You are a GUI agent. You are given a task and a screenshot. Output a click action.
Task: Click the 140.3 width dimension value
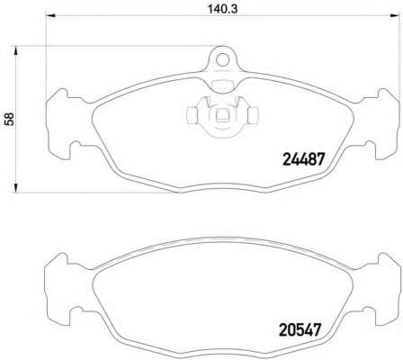tap(222, 9)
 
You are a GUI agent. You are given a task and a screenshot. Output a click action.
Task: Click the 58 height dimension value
tap(9, 119)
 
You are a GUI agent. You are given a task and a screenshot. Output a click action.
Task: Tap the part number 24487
tap(304, 159)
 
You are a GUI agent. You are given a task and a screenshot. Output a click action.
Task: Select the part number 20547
tap(300, 329)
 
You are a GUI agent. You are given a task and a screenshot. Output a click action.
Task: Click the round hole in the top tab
tap(222, 60)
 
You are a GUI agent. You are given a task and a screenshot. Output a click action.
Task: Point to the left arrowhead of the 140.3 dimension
tap(49, 15)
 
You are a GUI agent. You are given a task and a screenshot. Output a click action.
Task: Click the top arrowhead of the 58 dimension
tap(15, 50)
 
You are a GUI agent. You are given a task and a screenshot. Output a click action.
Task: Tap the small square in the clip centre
tap(222, 114)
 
